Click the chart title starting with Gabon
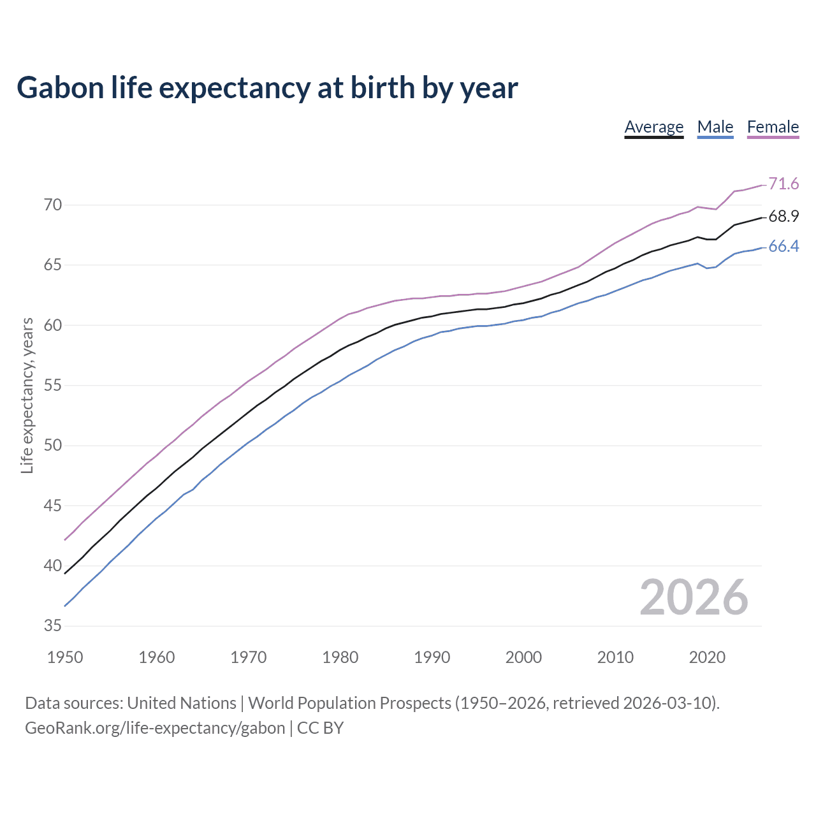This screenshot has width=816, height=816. (267, 87)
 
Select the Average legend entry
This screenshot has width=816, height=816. (653, 127)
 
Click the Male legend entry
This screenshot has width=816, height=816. (715, 127)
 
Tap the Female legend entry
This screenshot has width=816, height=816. (773, 127)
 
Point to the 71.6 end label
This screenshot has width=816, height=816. (783, 184)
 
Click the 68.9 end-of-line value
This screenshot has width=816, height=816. (783, 217)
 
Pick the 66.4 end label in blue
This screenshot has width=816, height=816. (783, 247)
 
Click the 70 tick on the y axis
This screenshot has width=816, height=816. (53, 205)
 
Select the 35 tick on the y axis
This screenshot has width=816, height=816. (53, 626)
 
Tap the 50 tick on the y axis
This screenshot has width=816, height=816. (53, 446)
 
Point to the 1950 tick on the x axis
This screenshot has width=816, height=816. (65, 657)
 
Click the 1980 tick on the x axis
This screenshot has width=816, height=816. (340, 657)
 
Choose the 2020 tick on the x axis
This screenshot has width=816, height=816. (707, 657)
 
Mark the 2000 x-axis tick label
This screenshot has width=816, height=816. (523, 657)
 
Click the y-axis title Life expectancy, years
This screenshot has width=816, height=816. (27, 396)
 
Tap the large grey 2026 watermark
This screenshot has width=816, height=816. (694, 597)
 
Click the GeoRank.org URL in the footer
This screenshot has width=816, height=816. (155, 728)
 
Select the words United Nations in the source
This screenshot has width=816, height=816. (182, 703)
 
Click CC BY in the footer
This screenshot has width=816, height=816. (320, 728)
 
